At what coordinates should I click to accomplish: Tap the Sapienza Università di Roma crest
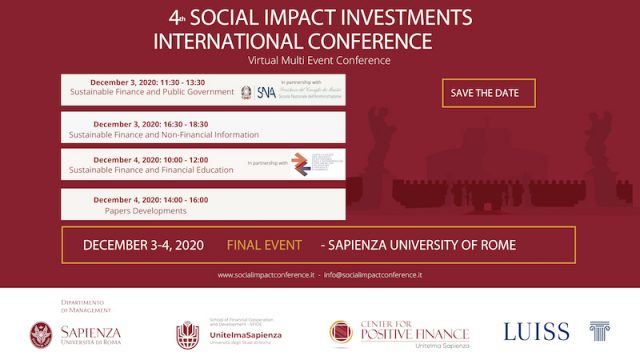tap(42, 332)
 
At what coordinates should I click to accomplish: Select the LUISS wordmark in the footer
tap(536, 331)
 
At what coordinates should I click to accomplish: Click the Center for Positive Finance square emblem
tap(343, 333)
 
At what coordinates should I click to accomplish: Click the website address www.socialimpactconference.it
tap(266, 274)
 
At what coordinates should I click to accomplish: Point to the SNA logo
tap(266, 92)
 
